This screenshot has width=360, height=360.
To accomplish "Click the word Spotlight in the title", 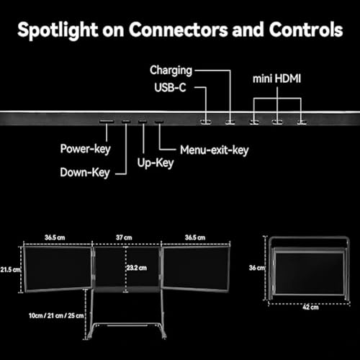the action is tap(58, 30).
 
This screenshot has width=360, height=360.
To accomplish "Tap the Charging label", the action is tap(171, 71).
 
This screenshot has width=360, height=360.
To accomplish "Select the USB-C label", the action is tap(170, 87).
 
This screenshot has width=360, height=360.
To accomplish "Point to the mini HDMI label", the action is tap(276, 78).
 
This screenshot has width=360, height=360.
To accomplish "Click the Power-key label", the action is tap(85, 149).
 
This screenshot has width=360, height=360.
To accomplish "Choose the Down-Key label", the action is tap(85, 173).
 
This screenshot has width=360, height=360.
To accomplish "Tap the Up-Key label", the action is tap(156, 163).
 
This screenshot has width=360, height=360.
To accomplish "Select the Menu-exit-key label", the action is tap(215, 150).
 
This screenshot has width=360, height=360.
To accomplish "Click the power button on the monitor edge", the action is tap(107, 122).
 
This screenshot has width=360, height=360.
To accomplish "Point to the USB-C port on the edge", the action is tap(206, 122).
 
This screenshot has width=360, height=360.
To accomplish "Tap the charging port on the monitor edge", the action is tap(230, 122).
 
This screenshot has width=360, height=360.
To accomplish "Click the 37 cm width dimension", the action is tap(124, 238).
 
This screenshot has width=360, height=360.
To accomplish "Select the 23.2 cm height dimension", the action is tap(137, 268).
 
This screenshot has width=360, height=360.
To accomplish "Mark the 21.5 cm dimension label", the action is tap(10, 269).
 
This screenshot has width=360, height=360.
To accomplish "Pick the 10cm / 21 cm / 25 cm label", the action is tap(56, 315).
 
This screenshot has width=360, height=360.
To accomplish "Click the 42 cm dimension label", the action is tap(310, 307).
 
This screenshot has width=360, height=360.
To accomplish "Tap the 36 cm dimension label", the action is tap(256, 268).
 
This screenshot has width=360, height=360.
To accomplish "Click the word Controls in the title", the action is tap(306, 30).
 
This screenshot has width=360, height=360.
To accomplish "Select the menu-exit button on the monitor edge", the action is tap(159, 122).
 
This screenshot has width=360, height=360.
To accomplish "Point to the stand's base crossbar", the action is tap(127, 325).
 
